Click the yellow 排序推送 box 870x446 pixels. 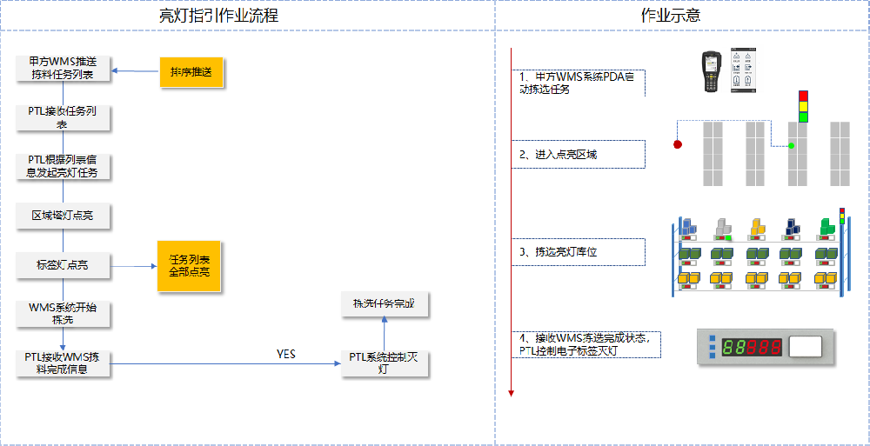click(x=191, y=71)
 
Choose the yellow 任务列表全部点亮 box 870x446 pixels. click(x=189, y=265)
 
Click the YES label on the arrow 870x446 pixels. click(x=286, y=354)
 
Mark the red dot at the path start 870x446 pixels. click(x=678, y=144)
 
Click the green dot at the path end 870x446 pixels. click(x=791, y=145)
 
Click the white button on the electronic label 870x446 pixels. click(x=805, y=347)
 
